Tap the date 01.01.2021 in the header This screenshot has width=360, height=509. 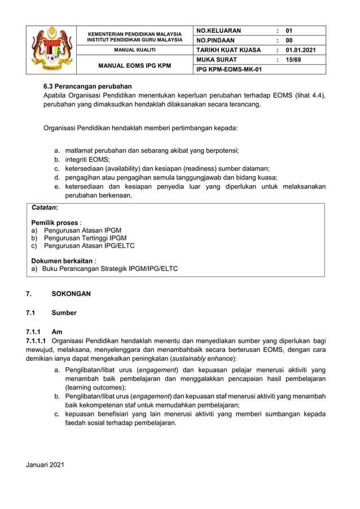[x=301, y=50]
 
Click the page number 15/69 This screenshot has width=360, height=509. [x=293, y=59]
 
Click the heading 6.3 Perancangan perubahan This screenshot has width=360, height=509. [x=87, y=86]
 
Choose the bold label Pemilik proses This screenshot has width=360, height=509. [x=54, y=222]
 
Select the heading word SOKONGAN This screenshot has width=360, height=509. [x=71, y=294]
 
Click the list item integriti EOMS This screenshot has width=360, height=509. [x=87, y=160]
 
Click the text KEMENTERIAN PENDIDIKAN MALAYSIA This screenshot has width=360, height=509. [x=135, y=34]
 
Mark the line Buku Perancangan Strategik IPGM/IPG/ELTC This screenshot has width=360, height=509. [x=110, y=269]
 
